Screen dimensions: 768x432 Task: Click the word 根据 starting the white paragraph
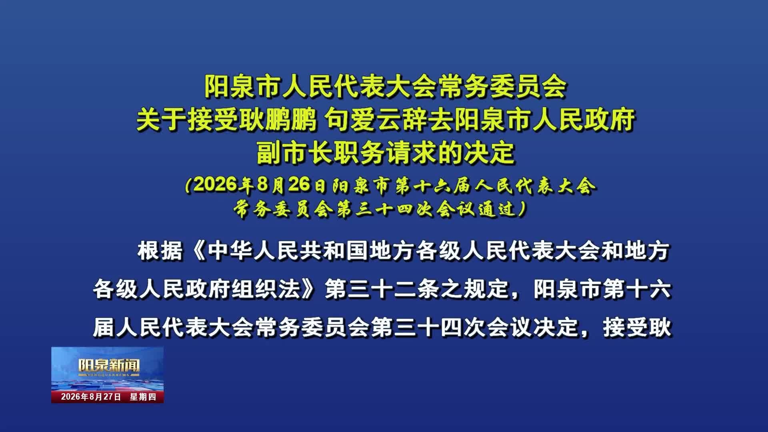160,252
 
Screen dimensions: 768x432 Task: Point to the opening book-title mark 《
196,252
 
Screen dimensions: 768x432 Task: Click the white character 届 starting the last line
104,328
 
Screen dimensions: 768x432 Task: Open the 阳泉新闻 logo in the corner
108,366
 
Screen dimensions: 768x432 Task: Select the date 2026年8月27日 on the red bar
91,397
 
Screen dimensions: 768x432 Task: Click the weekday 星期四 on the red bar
143,397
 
